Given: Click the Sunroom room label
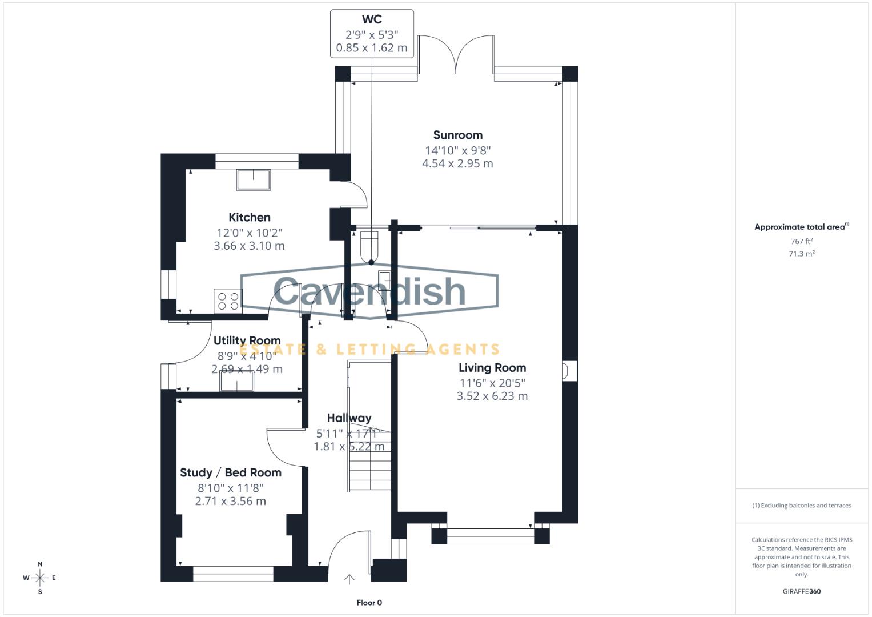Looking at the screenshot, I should [457, 135].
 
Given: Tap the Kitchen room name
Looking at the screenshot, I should [249, 218].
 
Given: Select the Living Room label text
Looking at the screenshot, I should [492, 368].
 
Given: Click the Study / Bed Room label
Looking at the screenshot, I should [230, 473].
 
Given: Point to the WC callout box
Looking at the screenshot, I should [372, 34].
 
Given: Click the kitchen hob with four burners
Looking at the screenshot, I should [228, 301].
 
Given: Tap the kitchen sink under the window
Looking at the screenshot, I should [254, 179].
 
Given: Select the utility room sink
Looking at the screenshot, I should [236, 381].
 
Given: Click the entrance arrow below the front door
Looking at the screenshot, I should [349, 579].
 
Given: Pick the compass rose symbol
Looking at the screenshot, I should [40, 578].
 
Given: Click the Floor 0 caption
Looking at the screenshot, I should [369, 603].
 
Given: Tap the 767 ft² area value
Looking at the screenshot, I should [801, 242].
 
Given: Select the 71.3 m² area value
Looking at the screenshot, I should [801, 254].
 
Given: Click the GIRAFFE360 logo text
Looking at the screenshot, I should [801, 591].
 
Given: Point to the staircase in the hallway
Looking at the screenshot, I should [369, 457].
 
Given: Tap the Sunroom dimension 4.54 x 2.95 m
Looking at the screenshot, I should [457, 164].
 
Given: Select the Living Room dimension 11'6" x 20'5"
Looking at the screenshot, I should [492, 383].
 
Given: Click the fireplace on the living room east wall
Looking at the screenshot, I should [566, 371].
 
